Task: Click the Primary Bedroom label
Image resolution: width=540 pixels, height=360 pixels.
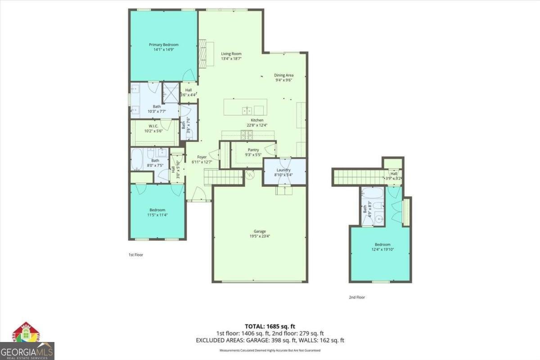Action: click(x=164, y=47)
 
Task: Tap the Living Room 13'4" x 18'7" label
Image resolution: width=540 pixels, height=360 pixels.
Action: click(x=231, y=56)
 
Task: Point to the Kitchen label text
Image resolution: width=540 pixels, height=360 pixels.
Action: click(x=257, y=123)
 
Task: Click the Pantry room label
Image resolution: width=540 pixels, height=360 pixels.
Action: click(x=253, y=153)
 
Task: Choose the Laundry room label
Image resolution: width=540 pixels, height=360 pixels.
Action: click(x=283, y=172)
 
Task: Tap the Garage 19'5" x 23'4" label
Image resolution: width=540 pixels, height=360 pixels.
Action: click(x=260, y=234)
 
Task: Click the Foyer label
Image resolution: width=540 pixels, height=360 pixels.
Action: click(x=198, y=160)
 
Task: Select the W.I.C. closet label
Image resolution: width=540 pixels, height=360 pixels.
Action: click(x=153, y=129)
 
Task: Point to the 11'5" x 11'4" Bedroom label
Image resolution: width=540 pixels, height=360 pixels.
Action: click(x=157, y=212)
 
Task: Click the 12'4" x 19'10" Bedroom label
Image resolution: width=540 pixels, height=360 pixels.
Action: click(x=381, y=247)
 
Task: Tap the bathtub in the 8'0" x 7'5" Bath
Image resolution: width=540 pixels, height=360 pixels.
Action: click(x=138, y=159)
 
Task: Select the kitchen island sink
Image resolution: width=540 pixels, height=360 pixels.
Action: click(x=247, y=110)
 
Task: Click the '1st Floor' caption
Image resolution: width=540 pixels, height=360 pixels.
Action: click(x=136, y=255)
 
